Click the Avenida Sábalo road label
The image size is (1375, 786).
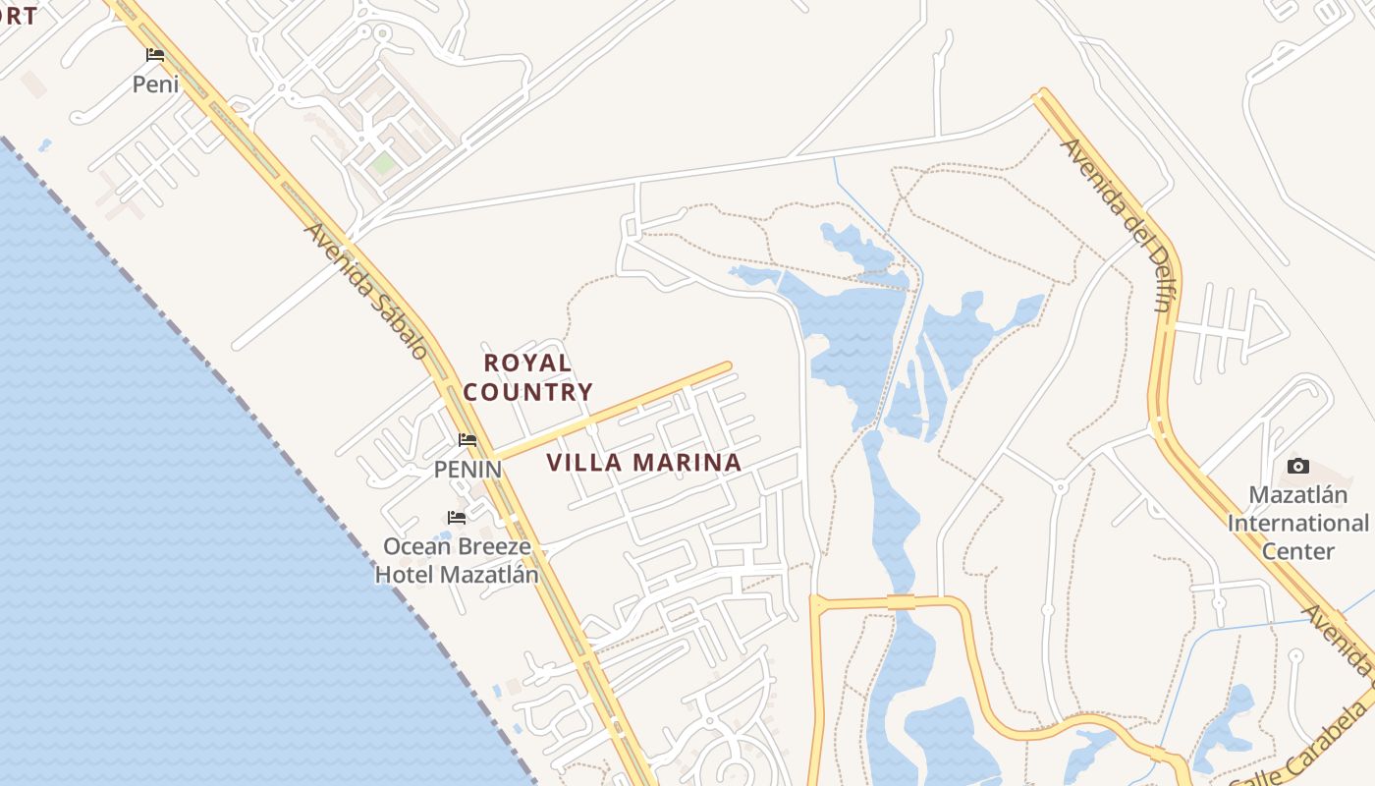pos(365,290)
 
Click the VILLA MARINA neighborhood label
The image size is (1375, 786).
pos(643,463)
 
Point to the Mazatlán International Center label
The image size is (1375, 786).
pos(1297,523)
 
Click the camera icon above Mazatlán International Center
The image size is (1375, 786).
pos(1298,466)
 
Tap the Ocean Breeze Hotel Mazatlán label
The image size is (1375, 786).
pos(457,560)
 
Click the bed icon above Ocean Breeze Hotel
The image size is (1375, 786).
pos(457,518)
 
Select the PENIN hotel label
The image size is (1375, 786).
pos(467,470)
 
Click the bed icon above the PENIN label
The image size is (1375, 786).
pos(467,440)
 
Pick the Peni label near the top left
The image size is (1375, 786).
pos(156,84)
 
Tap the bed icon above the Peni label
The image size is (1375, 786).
pos(155,55)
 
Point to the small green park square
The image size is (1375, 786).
pos(383,162)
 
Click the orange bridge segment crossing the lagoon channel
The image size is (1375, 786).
pos(901,601)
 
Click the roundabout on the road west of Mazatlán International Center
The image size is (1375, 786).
pos(1060,486)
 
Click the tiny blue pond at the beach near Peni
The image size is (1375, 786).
pos(45,145)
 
